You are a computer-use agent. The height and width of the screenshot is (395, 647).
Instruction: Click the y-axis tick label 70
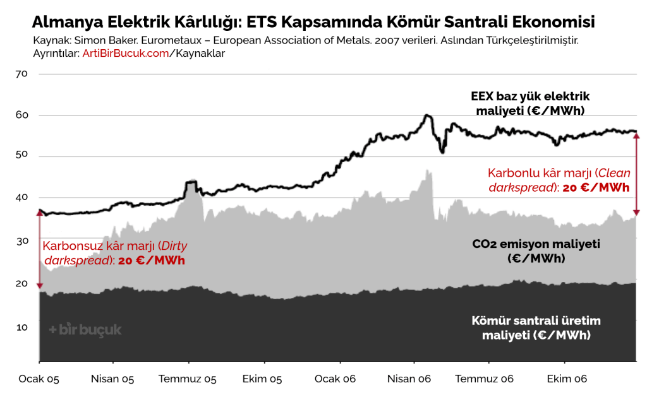pyautogui.click(x=21, y=74)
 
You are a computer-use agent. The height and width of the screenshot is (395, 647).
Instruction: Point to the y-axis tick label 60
pyautogui.click(x=22, y=115)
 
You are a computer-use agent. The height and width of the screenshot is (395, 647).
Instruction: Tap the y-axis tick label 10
pyautogui.click(x=22, y=327)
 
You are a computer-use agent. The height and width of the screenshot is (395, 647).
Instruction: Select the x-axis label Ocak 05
pyautogui.click(x=39, y=379)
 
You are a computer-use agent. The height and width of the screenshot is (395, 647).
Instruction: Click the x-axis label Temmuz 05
pyautogui.click(x=187, y=379)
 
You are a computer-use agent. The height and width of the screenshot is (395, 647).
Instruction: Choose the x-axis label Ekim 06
pyautogui.click(x=567, y=379)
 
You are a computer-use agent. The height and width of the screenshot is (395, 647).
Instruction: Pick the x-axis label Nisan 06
pyautogui.click(x=409, y=379)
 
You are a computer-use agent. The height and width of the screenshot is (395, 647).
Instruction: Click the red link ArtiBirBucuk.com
pyautogui.click(x=126, y=54)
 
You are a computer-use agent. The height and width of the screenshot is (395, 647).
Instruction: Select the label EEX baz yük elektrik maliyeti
pyautogui.click(x=530, y=103)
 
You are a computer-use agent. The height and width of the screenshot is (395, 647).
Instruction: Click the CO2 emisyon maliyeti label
pyautogui.click(x=536, y=251)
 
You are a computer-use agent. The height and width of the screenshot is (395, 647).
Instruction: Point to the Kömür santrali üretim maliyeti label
pyautogui.click(x=536, y=328)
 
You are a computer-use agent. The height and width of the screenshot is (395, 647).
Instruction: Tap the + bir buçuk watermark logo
pyautogui.click(x=85, y=329)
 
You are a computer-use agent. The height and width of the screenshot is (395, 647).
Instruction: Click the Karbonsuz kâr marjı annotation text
pyautogui.click(x=115, y=253)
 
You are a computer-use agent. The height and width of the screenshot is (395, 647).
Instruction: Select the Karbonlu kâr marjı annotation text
pyautogui.click(x=559, y=180)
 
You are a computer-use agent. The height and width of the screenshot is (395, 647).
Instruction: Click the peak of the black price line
pyautogui.click(x=427, y=115)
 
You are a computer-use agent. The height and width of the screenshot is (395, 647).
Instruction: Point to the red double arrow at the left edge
pyautogui.click(x=40, y=249)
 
